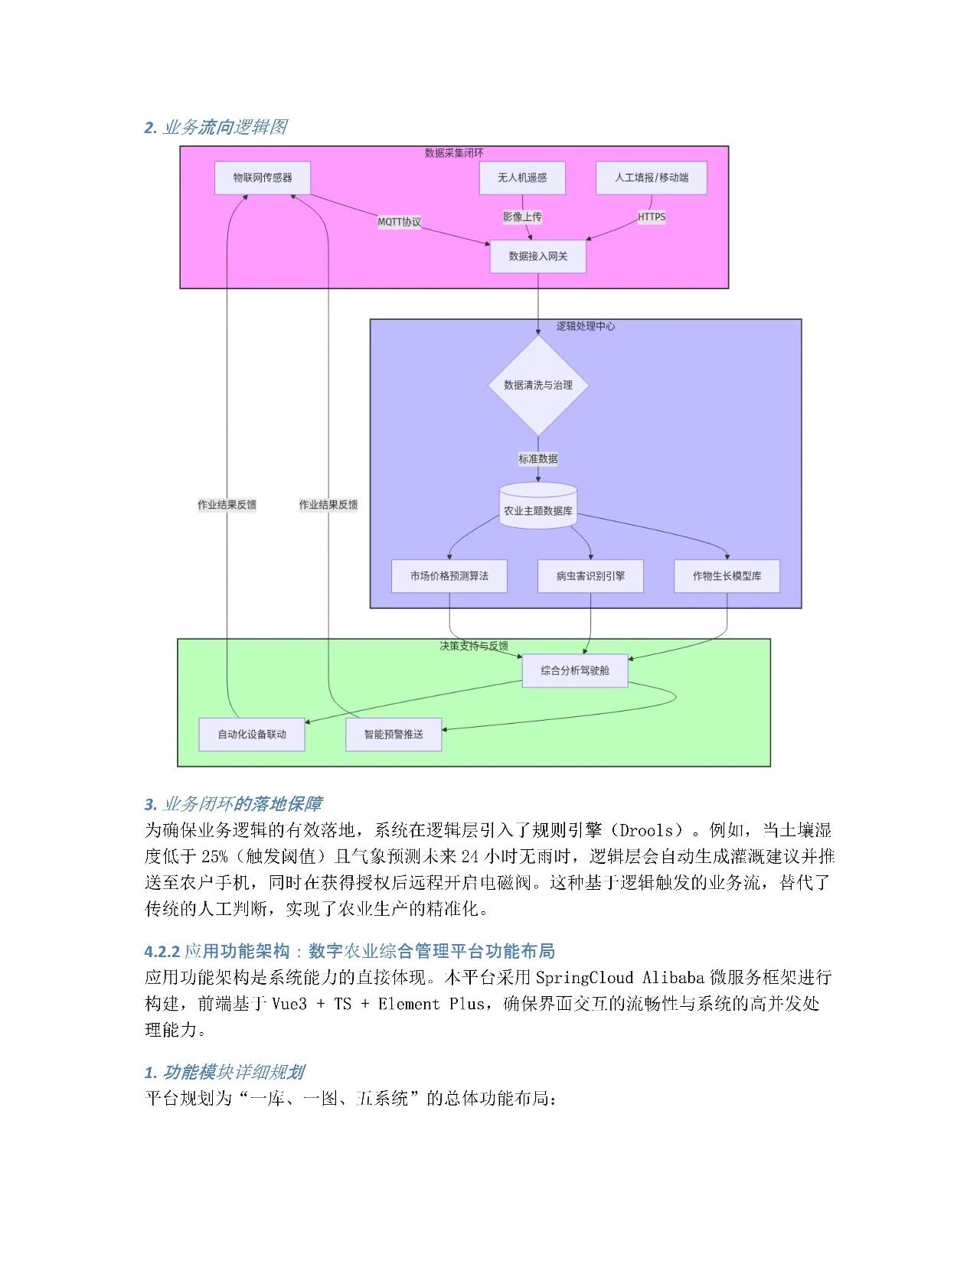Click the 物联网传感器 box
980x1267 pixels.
click(x=263, y=178)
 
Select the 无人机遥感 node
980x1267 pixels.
click(x=522, y=178)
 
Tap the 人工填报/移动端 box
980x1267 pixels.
click(x=652, y=178)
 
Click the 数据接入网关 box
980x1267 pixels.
click(x=538, y=256)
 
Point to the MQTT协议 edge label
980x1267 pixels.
click(x=400, y=222)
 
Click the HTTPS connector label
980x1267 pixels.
click(x=652, y=217)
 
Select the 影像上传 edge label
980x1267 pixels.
click(x=522, y=217)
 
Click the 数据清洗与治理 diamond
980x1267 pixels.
click(x=538, y=386)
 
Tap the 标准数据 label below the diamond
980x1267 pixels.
click(x=538, y=459)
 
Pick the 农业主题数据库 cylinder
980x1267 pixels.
click(x=538, y=509)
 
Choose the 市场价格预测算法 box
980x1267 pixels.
click(x=449, y=576)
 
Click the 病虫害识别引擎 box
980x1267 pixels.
click(x=590, y=576)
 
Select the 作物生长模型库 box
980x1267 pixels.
click(x=727, y=576)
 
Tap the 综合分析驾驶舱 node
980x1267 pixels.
click(x=575, y=671)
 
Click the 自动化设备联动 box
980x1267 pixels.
click(x=252, y=734)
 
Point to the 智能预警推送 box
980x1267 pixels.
click(x=394, y=734)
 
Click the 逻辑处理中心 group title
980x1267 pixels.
click(x=586, y=327)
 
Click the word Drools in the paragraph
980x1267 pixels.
click(x=648, y=831)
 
